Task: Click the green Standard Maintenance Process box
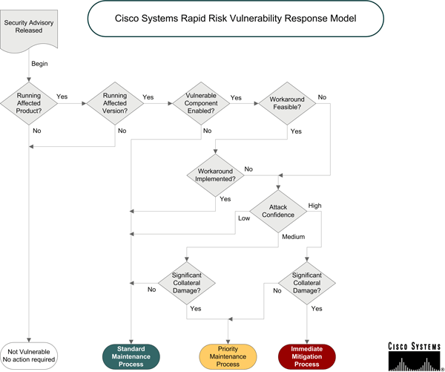pos(131,355)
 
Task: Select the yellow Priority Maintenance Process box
pos(228,355)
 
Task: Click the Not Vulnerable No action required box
pos(29,355)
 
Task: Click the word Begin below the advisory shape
pos(39,64)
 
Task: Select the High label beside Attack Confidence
pos(315,206)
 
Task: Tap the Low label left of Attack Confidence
pos(243,218)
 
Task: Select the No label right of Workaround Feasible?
pos(323,97)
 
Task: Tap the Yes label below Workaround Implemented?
pos(225,199)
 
